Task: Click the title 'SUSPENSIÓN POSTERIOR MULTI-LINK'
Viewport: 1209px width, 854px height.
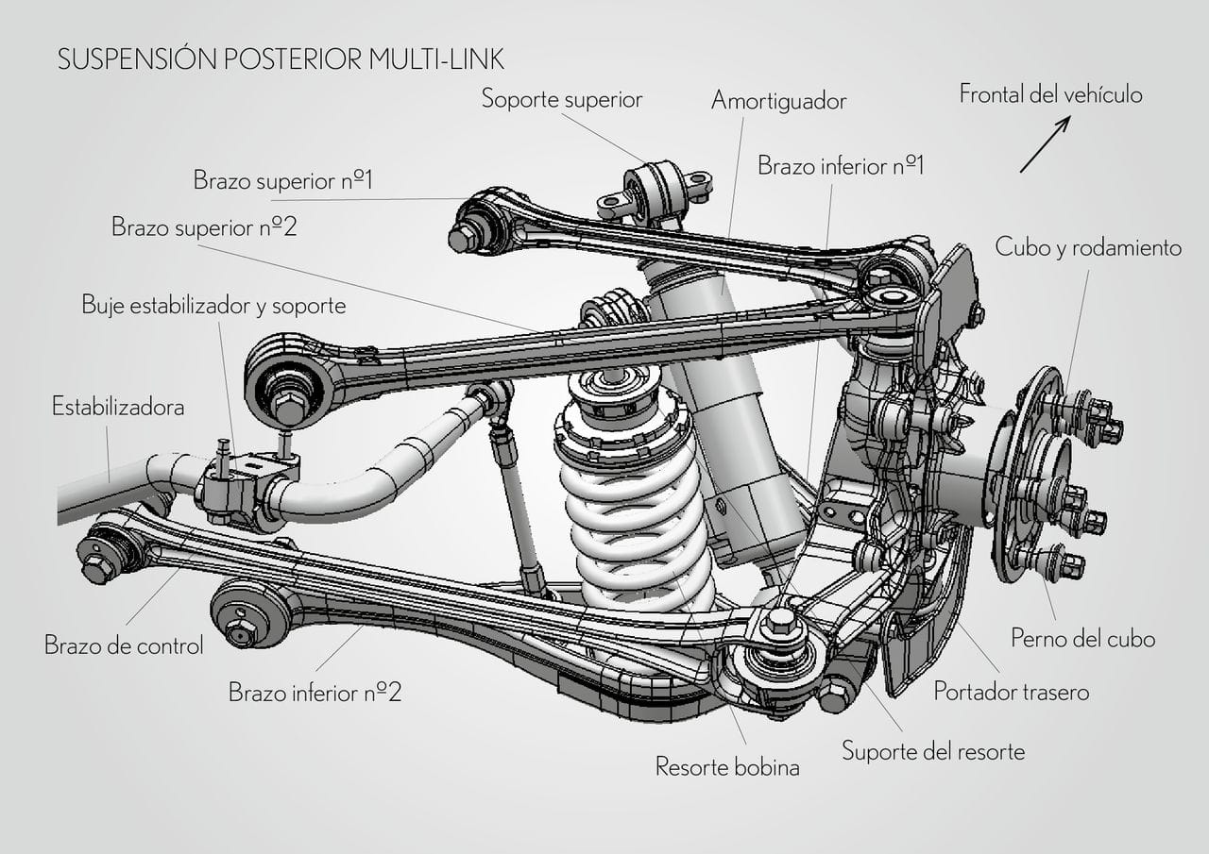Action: pyautogui.click(x=281, y=59)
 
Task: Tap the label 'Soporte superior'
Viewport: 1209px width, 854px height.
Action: pyautogui.click(x=561, y=98)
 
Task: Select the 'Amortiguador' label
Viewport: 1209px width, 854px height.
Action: pyautogui.click(x=778, y=101)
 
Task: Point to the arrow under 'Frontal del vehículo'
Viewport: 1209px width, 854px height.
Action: pyautogui.click(x=1045, y=144)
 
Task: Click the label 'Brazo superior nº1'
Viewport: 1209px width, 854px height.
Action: pyautogui.click(x=282, y=180)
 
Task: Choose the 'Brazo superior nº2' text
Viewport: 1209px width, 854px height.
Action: pyautogui.click(x=204, y=227)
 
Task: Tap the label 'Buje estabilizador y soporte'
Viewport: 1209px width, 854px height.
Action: pyautogui.click(x=213, y=305)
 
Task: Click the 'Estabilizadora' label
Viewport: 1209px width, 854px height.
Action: pyautogui.click(x=118, y=407)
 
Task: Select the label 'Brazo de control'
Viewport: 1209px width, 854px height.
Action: pyautogui.click(x=124, y=646)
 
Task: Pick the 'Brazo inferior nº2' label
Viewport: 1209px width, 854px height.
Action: pyautogui.click(x=315, y=693)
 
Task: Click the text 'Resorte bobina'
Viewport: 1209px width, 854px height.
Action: pyautogui.click(x=727, y=766)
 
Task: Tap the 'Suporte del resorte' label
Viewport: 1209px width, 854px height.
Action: pyautogui.click(x=932, y=752)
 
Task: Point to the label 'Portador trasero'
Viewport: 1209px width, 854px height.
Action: pyautogui.click(x=1011, y=692)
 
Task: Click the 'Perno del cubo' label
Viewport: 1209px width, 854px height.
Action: pyautogui.click(x=1082, y=639)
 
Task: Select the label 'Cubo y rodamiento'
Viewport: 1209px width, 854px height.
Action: pyautogui.click(x=1088, y=247)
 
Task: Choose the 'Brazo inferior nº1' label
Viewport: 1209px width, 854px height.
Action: pyautogui.click(x=841, y=166)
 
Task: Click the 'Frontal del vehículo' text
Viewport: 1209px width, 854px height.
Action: pyautogui.click(x=1050, y=94)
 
